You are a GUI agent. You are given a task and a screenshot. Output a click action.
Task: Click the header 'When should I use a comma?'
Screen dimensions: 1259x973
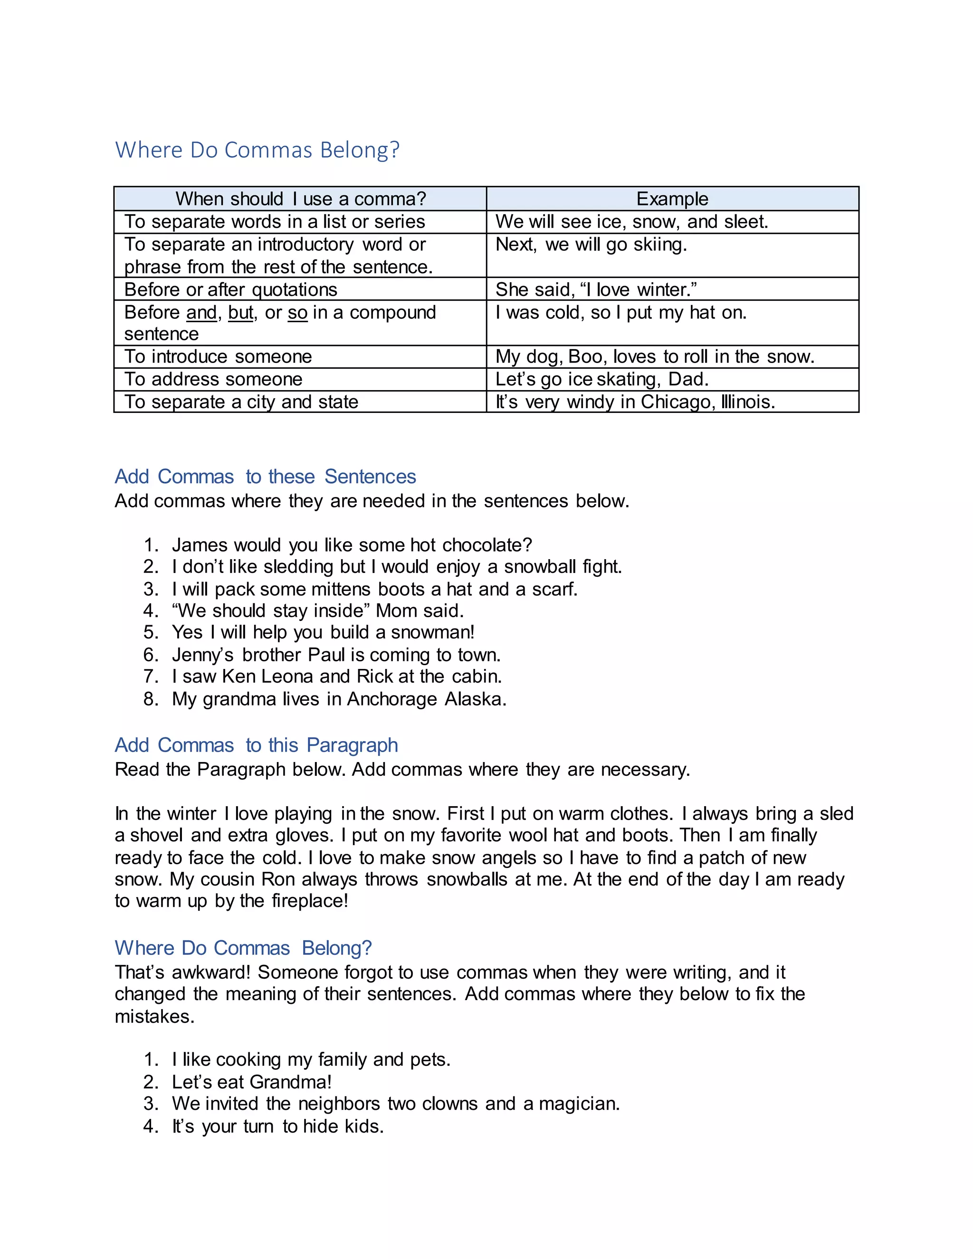coord(300,199)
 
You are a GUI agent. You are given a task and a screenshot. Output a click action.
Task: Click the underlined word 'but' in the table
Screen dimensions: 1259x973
coord(240,313)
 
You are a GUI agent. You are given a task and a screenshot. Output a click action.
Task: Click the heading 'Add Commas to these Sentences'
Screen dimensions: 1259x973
coord(265,477)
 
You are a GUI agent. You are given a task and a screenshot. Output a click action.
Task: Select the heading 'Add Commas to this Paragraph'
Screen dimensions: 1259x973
coord(256,745)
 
